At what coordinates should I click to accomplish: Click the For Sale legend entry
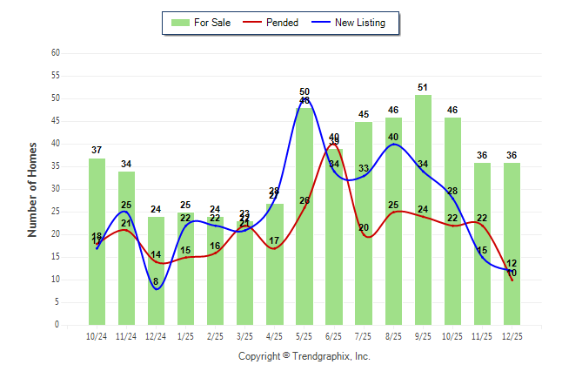point(201,23)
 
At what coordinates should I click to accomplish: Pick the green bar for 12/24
point(156,270)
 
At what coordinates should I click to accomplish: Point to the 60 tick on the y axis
point(56,52)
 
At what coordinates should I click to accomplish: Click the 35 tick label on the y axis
point(56,166)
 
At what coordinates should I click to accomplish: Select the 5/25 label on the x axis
point(304,335)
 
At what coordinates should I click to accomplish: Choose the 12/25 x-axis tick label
point(512,335)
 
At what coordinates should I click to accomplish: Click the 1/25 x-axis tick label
point(185,335)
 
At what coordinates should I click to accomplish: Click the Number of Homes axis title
point(33,189)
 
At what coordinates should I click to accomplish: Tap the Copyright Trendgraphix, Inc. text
point(304,356)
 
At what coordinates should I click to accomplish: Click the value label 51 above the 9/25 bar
point(423,87)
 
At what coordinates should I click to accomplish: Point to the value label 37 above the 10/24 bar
point(97,151)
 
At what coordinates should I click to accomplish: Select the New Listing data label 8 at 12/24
point(156,281)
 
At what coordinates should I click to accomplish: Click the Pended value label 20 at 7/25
point(364,228)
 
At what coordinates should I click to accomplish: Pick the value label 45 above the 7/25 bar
point(364,114)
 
